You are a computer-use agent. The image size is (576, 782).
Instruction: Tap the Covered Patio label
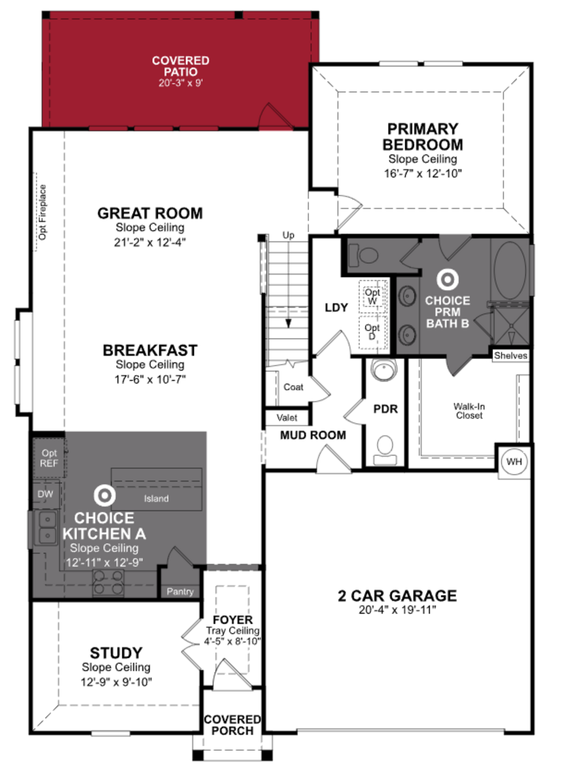pyautogui.click(x=181, y=66)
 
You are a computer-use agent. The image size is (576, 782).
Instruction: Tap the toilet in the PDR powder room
pyautogui.click(x=385, y=450)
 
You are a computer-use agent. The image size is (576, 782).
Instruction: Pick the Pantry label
pyautogui.click(x=180, y=591)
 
